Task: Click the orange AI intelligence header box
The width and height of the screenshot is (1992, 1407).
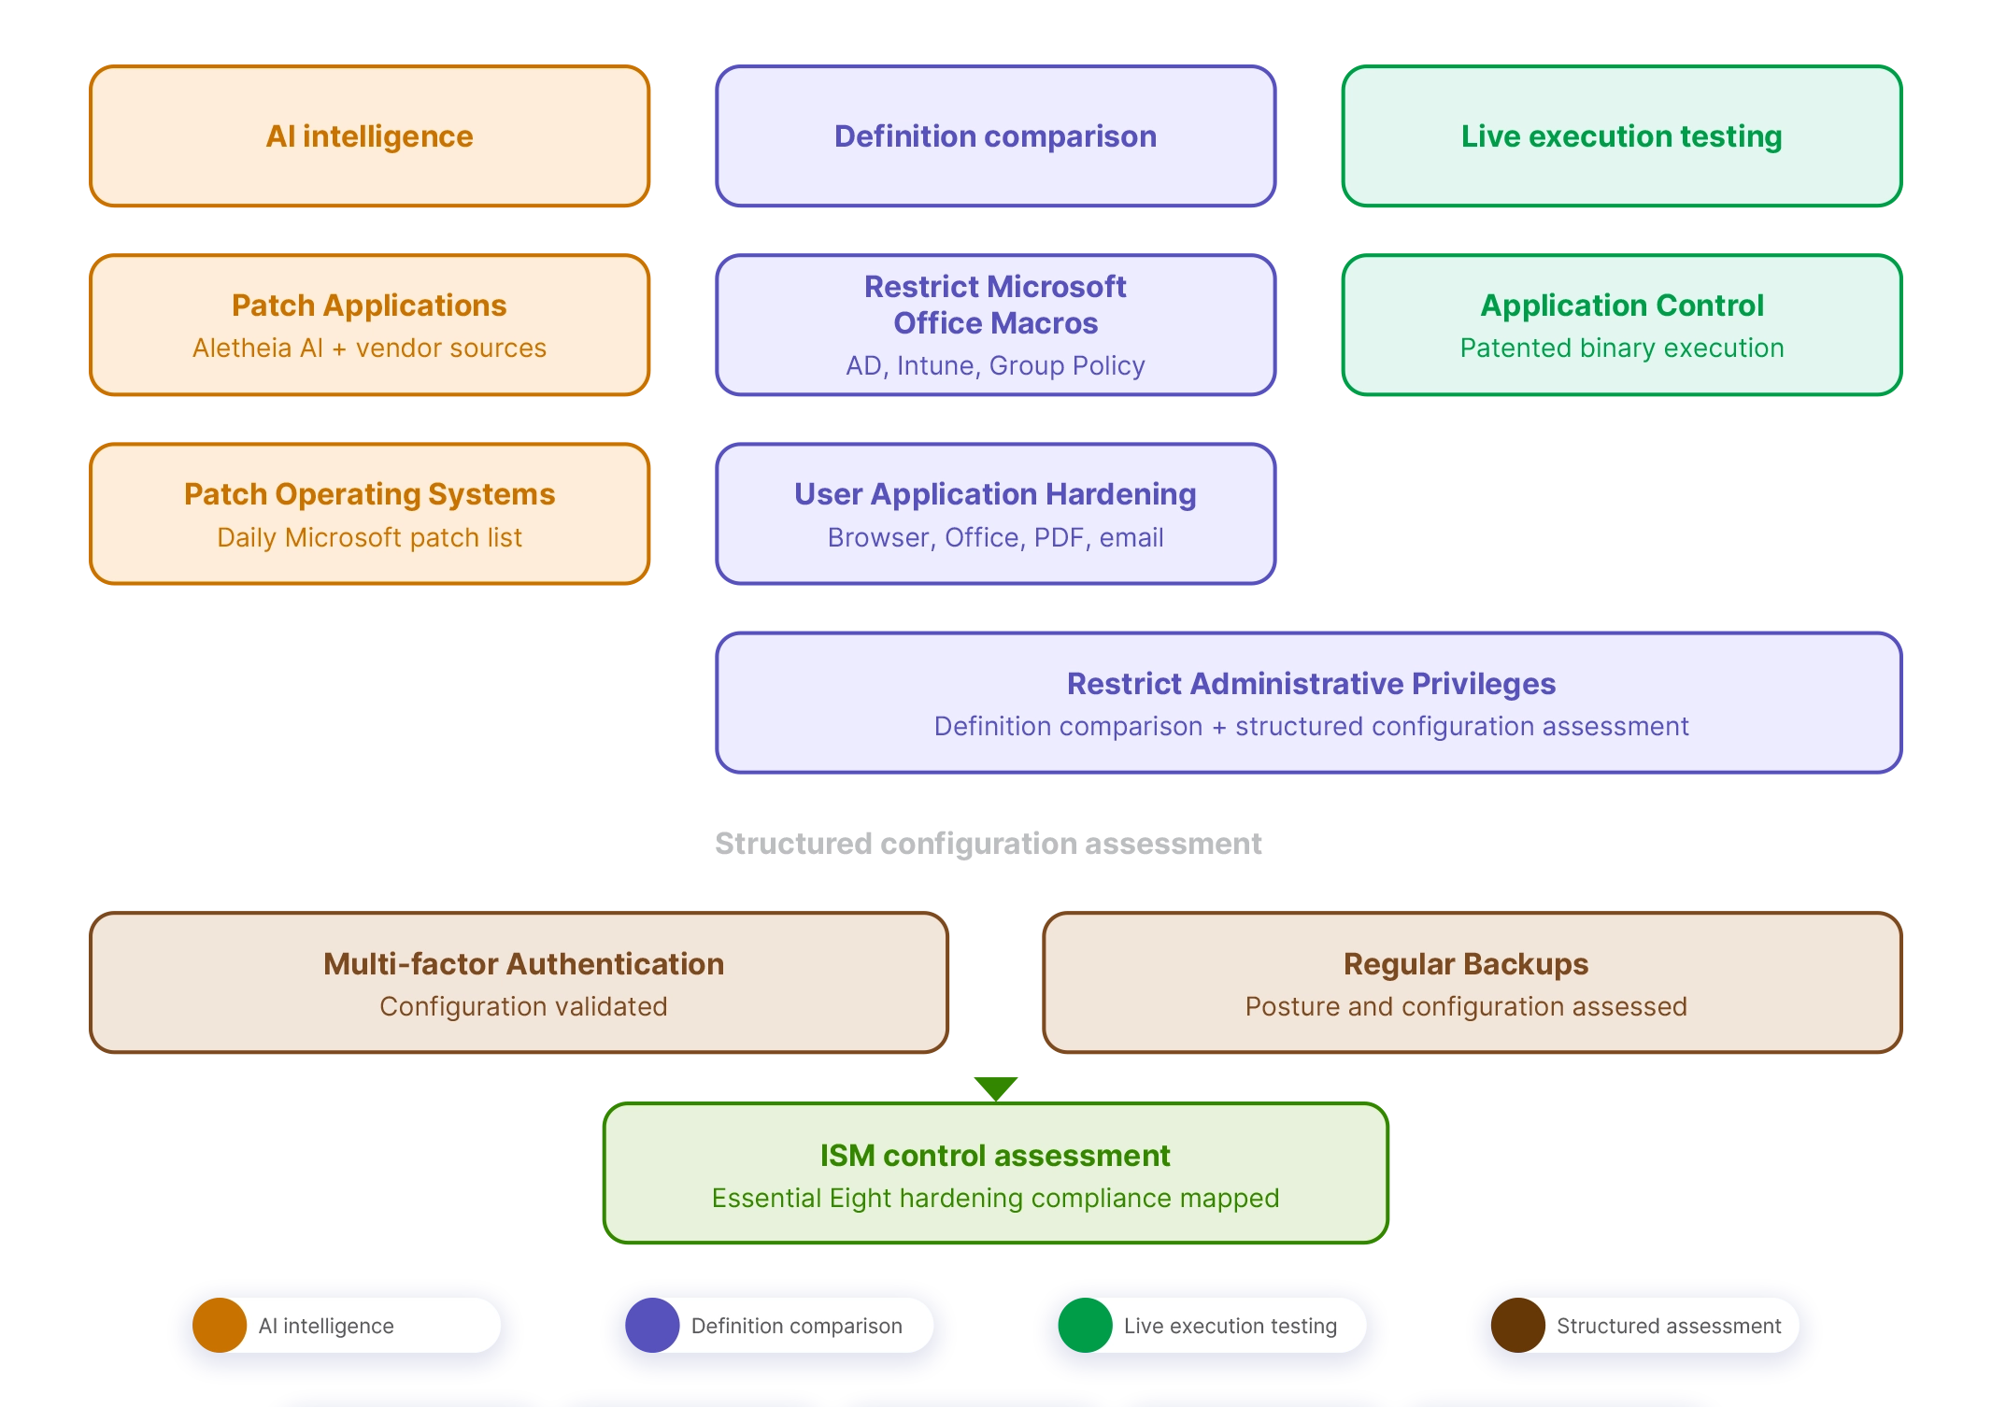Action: [x=369, y=136]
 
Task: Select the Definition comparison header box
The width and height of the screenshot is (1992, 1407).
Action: [x=995, y=136]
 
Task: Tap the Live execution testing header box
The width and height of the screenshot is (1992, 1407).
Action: [x=1621, y=136]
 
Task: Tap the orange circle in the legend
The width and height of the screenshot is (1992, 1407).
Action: [x=220, y=1325]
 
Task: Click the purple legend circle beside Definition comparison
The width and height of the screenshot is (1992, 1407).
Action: [x=652, y=1325]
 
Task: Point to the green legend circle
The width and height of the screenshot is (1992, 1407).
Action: [x=1085, y=1325]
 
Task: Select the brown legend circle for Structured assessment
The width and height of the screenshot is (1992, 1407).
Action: [x=1517, y=1325]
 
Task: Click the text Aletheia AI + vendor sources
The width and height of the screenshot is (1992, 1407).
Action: [x=369, y=348]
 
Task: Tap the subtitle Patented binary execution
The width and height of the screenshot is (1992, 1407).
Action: [x=1621, y=348]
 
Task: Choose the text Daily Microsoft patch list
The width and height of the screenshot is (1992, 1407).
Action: [x=369, y=537]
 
